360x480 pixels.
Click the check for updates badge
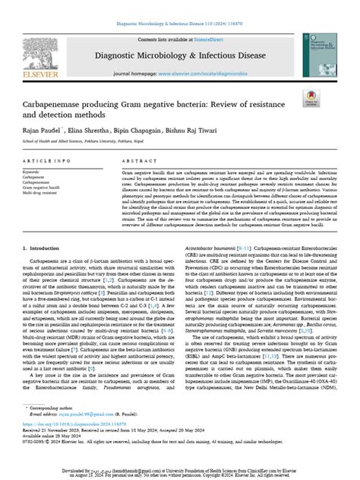pyautogui.click(x=311, y=96)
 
